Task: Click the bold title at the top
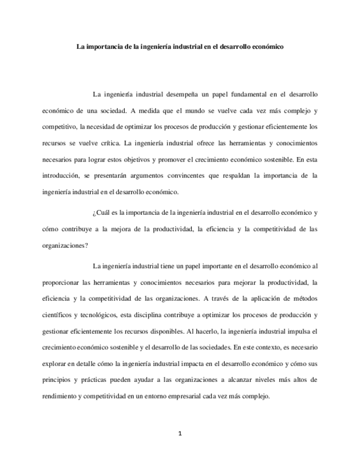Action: click(180, 47)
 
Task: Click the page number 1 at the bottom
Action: click(180, 434)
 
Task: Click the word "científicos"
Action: click(58, 317)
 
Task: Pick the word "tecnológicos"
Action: click(99, 317)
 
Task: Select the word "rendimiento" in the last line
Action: click(60, 396)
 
